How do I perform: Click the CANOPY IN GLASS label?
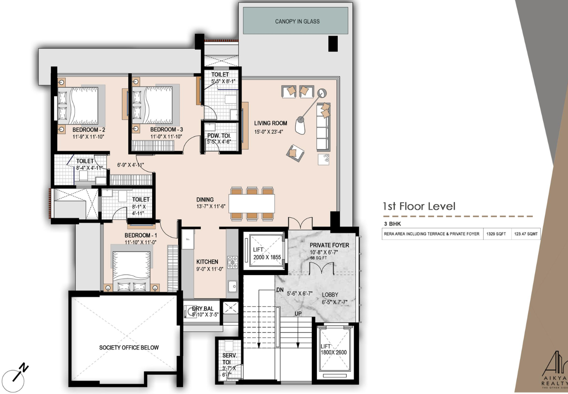[297, 21]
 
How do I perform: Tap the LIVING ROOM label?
[270, 123]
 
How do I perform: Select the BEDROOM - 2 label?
[88, 130]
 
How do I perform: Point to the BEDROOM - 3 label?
[166, 130]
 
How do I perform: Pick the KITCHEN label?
[207, 262]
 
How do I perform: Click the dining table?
[251, 203]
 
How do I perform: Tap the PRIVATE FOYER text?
[329, 245]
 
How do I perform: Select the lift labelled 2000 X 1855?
[267, 253]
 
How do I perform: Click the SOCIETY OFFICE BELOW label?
[129, 348]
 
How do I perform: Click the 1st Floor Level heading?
[419, 206]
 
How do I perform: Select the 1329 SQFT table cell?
[496, 234]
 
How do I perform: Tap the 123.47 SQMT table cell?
[526, 234]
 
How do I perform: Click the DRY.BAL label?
[203, 309]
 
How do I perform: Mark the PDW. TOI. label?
[219, 136]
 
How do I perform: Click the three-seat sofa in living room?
[324, 127]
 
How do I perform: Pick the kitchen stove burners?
[232, 262]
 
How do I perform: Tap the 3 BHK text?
[392, 224]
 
